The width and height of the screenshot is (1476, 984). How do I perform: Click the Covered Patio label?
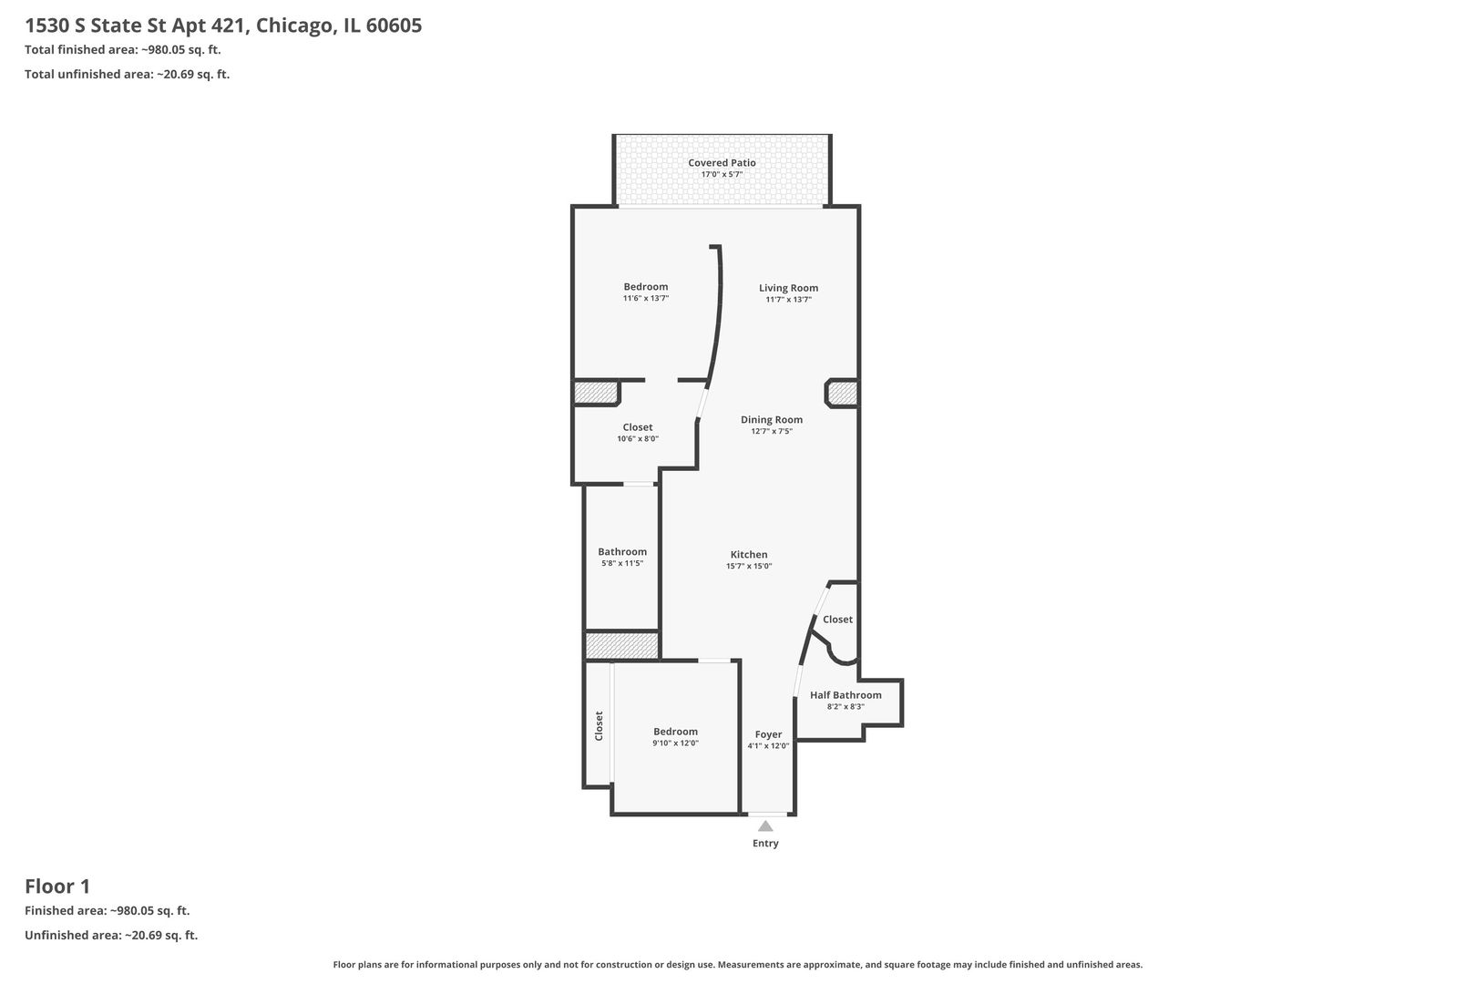722,163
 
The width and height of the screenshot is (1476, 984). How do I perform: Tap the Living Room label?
788,288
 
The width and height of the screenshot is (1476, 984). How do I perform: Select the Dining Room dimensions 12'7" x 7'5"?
772,431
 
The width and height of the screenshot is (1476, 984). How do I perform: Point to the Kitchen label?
749,554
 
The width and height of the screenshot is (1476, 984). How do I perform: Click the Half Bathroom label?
846,694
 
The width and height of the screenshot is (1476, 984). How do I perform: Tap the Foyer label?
768,734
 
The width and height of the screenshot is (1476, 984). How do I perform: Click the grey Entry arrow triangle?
765,826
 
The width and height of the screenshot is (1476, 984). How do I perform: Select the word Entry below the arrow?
765,843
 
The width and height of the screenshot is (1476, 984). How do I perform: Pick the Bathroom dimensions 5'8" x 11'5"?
622,563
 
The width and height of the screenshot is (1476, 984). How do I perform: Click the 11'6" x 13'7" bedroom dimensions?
646,298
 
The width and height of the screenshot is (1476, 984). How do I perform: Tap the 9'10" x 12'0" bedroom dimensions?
675,743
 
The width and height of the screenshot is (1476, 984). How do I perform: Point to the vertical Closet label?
599,725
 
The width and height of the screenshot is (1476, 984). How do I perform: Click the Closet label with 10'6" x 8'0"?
637,427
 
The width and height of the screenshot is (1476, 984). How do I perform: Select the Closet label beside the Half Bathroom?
837,620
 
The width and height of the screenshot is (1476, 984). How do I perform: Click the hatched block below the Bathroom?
622,646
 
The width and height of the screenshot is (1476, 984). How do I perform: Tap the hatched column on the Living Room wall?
843,395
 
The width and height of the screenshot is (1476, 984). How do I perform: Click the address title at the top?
223,26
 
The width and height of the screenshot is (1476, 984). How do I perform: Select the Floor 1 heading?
57,887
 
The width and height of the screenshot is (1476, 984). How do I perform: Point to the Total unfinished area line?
128,74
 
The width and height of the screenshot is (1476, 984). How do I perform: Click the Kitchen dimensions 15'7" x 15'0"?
749,566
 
